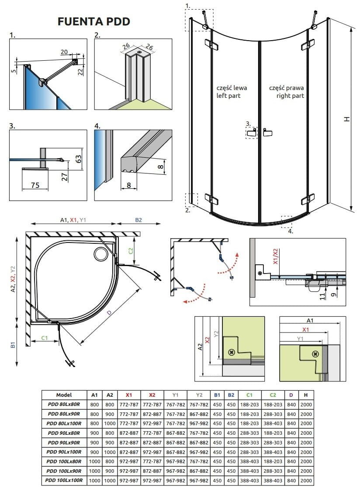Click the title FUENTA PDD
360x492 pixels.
(93, 21)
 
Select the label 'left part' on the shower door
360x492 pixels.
(228, 96)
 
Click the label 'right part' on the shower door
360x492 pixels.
(290, 96)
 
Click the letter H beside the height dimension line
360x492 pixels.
(346, 119)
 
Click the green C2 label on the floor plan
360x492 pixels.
(131, 251)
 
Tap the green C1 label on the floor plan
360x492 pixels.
(45, 338)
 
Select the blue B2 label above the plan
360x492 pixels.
(138, 220)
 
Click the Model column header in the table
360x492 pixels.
(64, 395)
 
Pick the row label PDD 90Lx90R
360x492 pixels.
(64, 442)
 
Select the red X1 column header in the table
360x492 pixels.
(128, 395)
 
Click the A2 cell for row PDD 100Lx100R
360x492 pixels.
(110, 480)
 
